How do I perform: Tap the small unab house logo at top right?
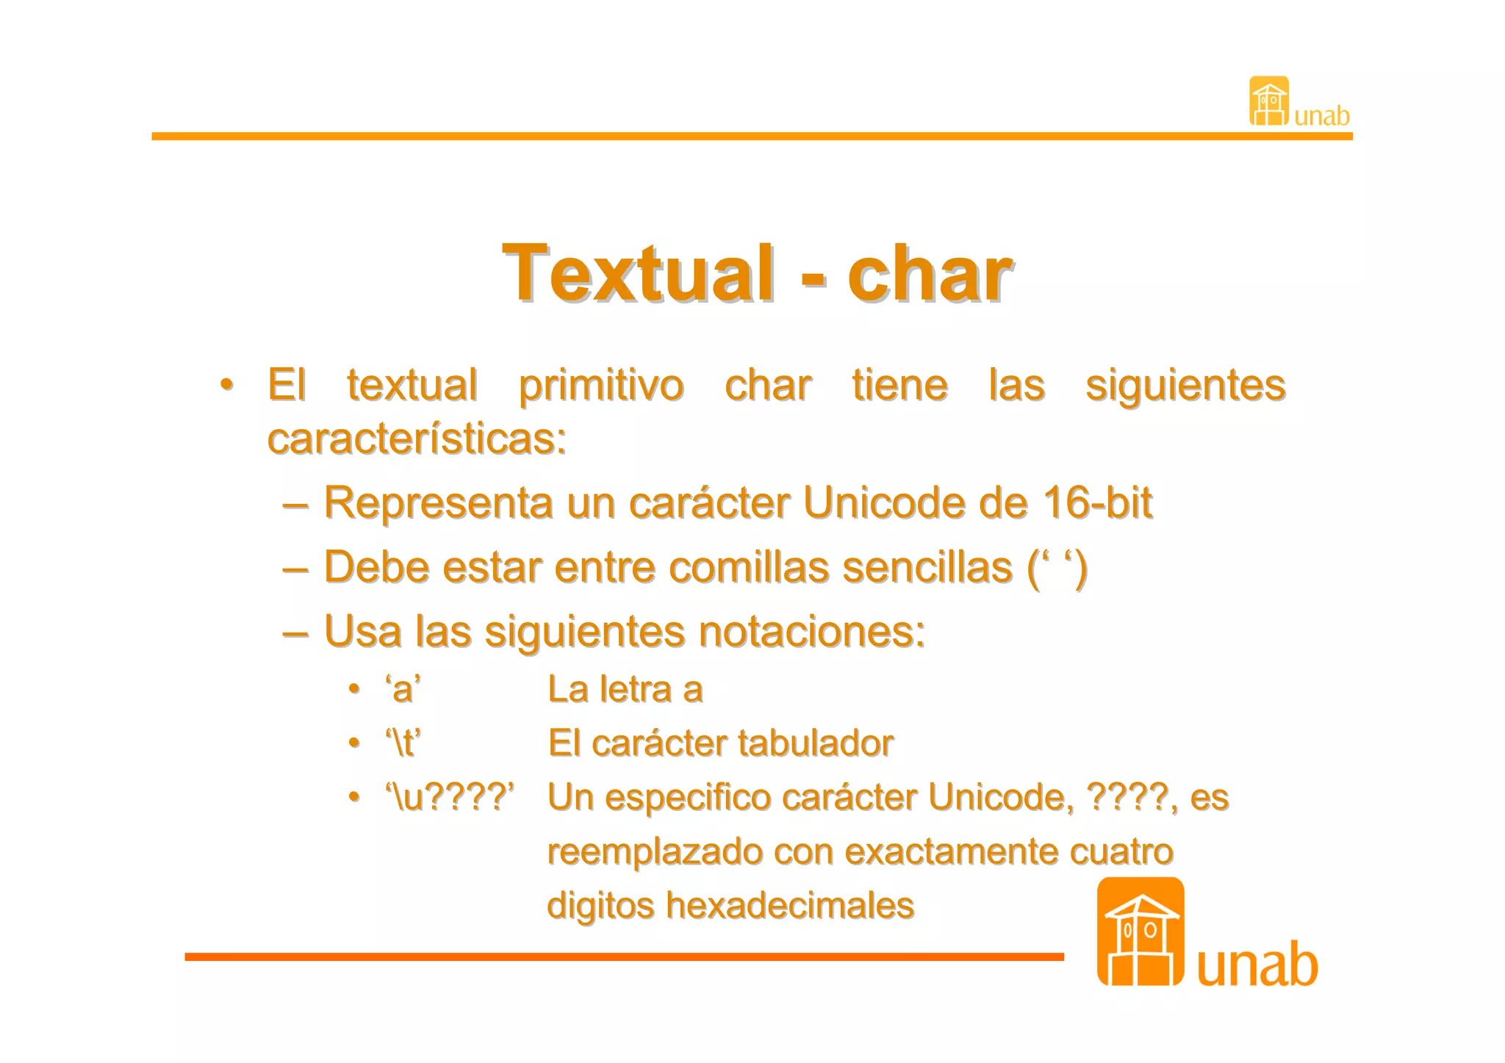pos(1269,101)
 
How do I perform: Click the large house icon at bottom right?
pos(1140,932)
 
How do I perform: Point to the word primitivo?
pos(601,386)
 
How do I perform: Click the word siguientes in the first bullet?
pos(1185,386)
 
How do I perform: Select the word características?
pos(417,439)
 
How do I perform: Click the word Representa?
pos(439,503)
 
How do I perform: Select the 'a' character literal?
pos(403,690)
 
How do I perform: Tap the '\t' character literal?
pos(403,743)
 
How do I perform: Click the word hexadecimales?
pos(790,906)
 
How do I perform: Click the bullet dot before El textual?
pos(227,385)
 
